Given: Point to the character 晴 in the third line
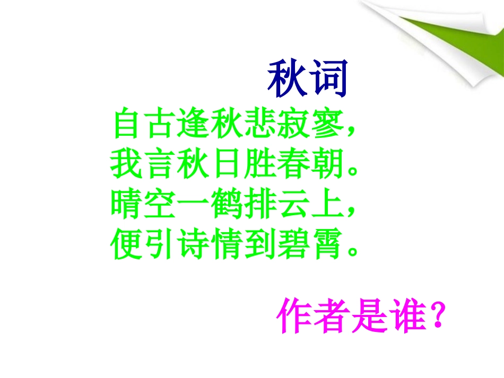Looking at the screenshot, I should (x=128, y=205).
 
